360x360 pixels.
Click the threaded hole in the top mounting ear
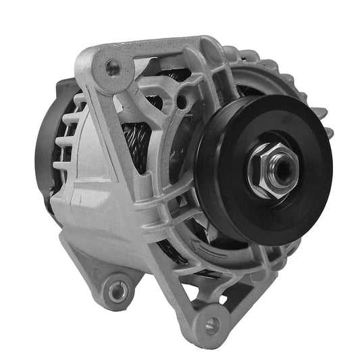pos(112,66)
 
